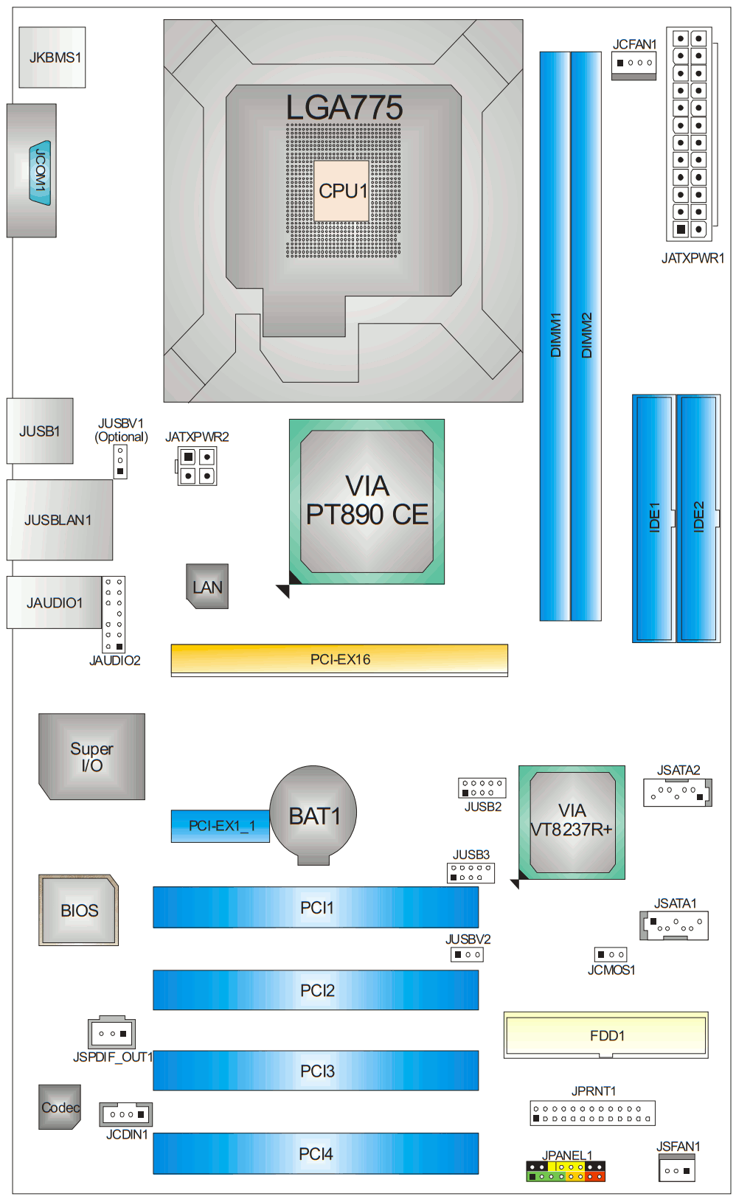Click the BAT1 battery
tap(313, 814)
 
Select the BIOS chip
tap(79, 910)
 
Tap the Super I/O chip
tap(92, 757)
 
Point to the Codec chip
tap(60, 1107)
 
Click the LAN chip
tap(207, 587)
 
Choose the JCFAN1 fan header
tap(633, 63)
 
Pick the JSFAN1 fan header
tap(676, 1170)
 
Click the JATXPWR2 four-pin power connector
tap(197, 466)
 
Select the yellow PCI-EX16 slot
tap(339, 659)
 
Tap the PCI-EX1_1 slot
tap(221, 826)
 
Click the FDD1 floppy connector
tap(606, 1035)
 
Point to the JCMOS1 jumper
tap(611, 954)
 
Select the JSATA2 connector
tap(677, 793)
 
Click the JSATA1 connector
tap(674, 924)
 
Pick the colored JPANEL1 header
tap(566, 1171)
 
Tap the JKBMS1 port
tap(52, 58)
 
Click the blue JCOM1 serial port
tap(41, 172)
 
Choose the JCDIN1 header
tap(126, 1114)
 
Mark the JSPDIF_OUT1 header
tap(112, 1033)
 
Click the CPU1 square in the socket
tap(341, 191)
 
